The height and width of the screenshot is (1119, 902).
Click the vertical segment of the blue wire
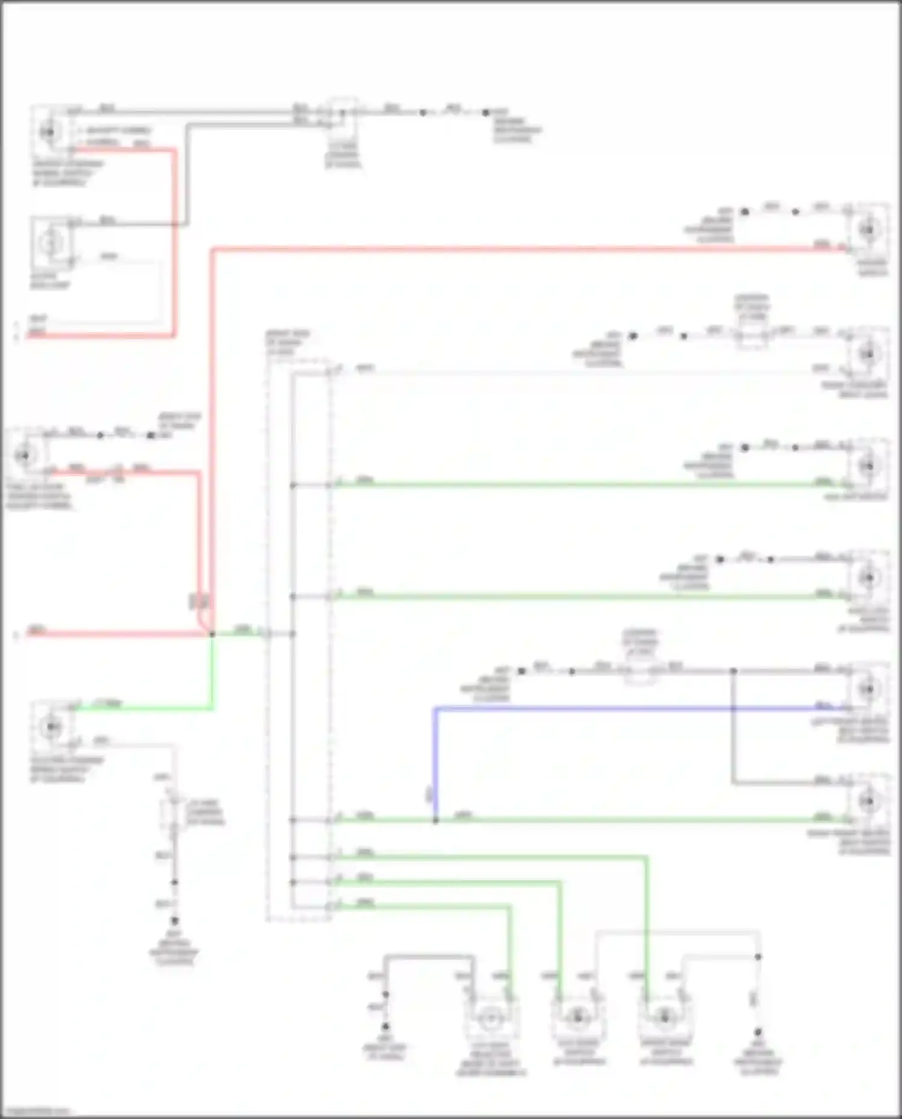436,764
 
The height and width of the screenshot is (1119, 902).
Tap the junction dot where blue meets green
436,820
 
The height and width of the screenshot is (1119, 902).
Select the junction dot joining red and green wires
212,634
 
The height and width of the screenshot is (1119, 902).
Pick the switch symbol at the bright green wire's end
51,727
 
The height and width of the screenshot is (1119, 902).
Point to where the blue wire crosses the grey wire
733,709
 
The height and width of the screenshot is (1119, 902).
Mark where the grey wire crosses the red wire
176,224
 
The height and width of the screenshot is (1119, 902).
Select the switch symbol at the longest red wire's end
868,229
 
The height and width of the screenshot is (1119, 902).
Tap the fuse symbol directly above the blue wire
641,670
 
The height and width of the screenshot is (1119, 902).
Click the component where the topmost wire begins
51,131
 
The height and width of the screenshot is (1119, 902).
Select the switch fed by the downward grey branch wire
868,800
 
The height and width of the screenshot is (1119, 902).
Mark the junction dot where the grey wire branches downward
733,670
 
